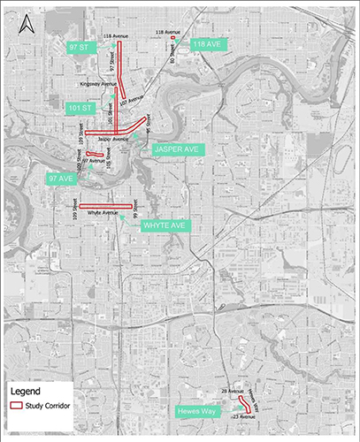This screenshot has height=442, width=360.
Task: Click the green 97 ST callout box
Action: point(83,46)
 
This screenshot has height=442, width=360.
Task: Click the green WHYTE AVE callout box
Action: point(164,225)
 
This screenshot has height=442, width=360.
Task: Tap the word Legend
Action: point(26,390)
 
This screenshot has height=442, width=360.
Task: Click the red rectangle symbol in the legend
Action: point(18,405)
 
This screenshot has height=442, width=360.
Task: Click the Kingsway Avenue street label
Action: point(98,84)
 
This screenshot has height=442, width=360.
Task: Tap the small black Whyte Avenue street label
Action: point(103,213)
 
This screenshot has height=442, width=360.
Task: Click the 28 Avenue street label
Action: point(232,390)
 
